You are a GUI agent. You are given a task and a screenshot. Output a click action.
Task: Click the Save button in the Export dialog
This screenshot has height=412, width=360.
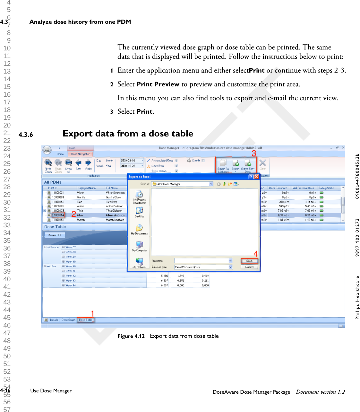click(x=249, y=261)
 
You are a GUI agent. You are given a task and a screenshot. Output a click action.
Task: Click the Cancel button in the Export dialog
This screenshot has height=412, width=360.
click(x=249, y=267)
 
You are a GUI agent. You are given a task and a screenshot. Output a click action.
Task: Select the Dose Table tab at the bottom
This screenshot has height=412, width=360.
click(x=85, y=320)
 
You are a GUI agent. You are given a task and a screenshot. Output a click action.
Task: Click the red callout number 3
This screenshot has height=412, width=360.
click(x=254, y=153)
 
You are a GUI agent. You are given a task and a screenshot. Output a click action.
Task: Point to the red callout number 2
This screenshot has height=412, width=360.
click(x=73, y=214)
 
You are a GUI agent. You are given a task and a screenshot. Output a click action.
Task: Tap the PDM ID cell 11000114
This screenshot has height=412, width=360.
click(x=58, y=215)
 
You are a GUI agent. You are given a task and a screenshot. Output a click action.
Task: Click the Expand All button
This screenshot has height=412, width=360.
click(x=55, y=235)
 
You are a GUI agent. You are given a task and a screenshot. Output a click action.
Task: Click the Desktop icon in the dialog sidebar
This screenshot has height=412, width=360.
click(x=139, y=212)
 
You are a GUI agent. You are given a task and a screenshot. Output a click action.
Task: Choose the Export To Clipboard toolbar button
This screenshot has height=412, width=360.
click(x=223, y=166)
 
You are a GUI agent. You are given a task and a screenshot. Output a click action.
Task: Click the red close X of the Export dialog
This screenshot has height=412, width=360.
click(x=257, y=177)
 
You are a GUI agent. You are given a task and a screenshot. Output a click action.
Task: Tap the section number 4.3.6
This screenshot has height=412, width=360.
click(x=26, y=135)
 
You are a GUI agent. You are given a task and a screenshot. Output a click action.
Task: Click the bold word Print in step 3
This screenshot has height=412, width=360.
click(x=144, y=111)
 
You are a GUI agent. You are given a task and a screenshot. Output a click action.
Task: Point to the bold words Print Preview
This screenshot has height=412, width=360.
click(x=158, y=84)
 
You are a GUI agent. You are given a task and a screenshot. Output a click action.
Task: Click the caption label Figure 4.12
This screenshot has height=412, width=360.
click(x=131, y=336)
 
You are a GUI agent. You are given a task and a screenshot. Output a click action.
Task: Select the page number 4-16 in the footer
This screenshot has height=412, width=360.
click(x=5, y=390)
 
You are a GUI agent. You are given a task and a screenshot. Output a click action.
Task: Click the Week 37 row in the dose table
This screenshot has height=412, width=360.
click(x=71, y=247)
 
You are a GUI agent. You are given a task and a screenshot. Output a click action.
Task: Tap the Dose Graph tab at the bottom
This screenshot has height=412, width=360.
click(x=68, y=320)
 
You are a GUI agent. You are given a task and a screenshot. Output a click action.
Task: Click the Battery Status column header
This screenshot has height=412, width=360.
click(x=326, y=188)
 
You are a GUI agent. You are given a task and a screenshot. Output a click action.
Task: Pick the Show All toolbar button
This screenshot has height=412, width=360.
click(x=68, y=166)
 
